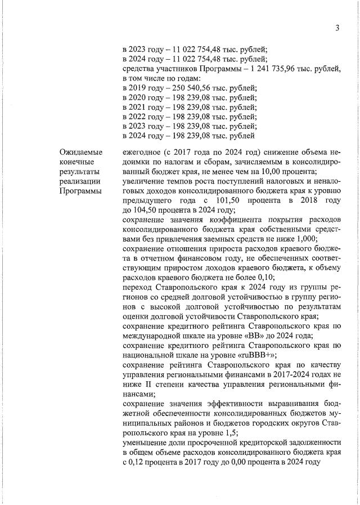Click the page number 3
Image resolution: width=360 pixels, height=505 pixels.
[337, 28]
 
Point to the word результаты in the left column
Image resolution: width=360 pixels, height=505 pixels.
[82, 171]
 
